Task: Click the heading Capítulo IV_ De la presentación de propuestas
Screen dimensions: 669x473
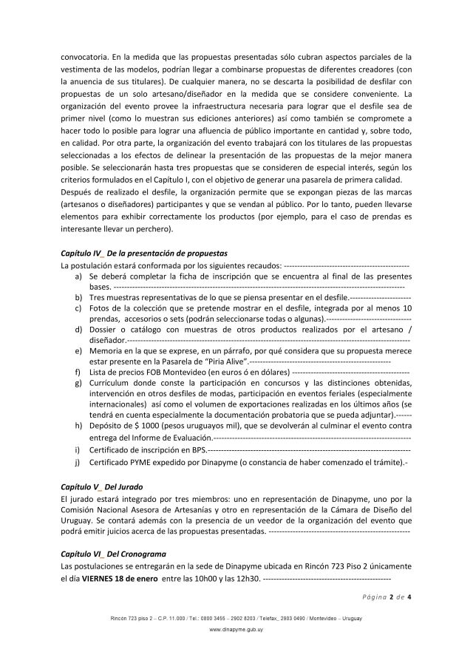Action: point(144,253)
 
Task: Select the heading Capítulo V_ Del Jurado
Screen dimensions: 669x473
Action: point(101,488)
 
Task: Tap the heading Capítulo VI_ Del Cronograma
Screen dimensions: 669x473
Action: point(113,553)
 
